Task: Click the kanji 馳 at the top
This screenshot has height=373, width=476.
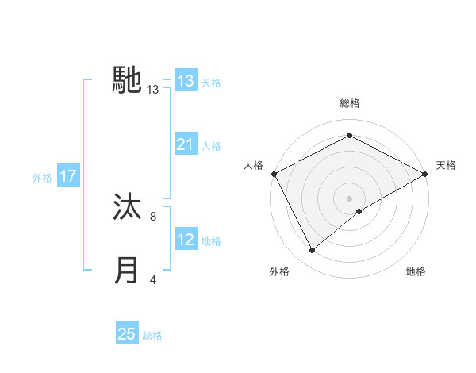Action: (x=128, y=80)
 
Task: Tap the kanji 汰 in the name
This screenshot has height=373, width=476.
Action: (x=128, y=208)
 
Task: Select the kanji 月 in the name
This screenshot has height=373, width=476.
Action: (x=128, y=271)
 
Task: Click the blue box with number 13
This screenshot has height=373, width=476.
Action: (x=186, y=81)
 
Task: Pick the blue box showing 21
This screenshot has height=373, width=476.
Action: (x=186, y=144)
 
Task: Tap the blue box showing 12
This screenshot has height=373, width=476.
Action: (x=186, y=240)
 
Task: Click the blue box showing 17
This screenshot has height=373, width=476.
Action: (x=68, y=176)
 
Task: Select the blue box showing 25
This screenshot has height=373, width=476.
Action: (x=127, y=334)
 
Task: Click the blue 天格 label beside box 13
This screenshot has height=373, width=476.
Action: (x=211, y=82)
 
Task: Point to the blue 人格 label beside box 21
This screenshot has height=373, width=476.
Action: (x=211, y=146)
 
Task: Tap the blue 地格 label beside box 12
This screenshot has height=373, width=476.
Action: (x=211, y=241)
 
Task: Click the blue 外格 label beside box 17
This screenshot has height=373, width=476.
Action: (x=42, y=178)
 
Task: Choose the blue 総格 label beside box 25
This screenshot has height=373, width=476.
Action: (x=152, y=336)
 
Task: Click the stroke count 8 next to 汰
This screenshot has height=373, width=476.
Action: (x=152, y=215)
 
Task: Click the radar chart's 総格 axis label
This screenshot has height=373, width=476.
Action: (x=350, y=103)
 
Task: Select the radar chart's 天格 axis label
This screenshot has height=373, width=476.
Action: (x=446, y=165)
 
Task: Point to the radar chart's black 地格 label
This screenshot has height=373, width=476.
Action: (x=416, y=272)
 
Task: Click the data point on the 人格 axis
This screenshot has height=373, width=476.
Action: (x=274, y=173)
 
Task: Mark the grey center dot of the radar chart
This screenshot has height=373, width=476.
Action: (x=350, y=198)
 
